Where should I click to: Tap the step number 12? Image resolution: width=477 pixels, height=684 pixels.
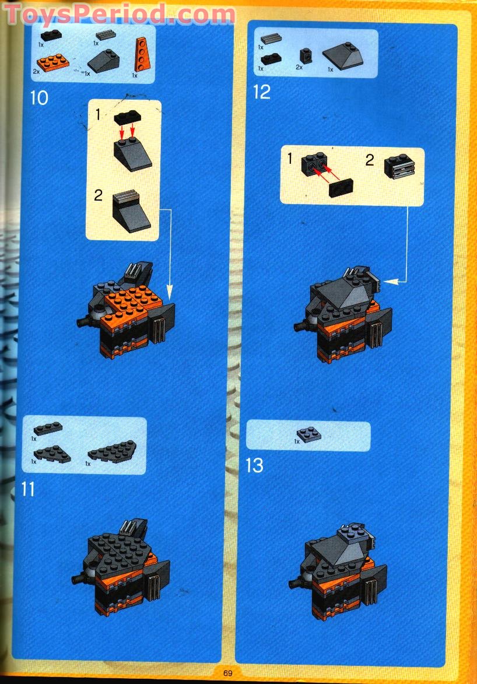pos(262,92)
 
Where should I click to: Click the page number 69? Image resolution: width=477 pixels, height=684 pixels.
pos(227,673)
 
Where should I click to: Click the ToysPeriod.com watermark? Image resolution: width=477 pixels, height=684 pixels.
pos(120,14)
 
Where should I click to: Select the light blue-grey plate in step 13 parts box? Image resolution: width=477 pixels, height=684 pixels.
pos(307,434)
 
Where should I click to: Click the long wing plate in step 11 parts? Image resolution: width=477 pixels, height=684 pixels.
pos(112,451)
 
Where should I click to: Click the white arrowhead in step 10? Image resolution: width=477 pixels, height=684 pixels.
pos(170,289)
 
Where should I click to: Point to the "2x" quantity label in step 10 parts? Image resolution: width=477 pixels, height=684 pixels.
pos(36,71)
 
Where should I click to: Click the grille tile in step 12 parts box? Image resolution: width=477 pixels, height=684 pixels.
pos(271,39)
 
